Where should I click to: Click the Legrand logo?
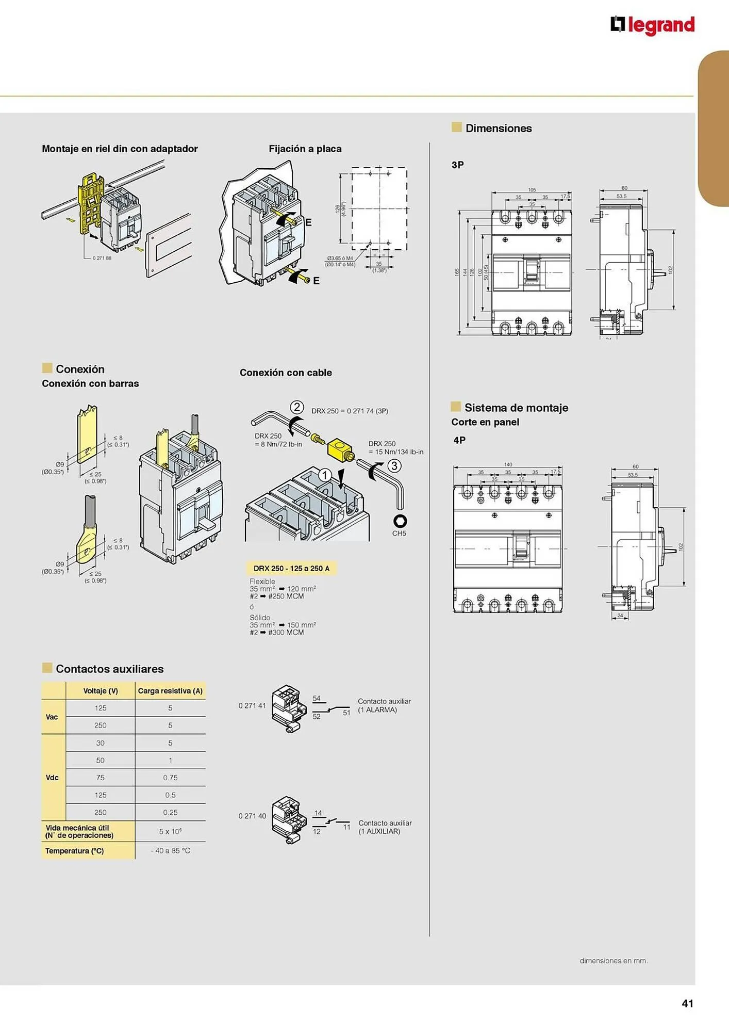(x=652, y=25)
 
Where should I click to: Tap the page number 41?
(x=687, y=1003)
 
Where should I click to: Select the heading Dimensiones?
(x=498, y=128)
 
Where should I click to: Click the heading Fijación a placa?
(x=305, y=149)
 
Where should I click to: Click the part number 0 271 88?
(x=102, y=258)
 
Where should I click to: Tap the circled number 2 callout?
(x=296, y=407)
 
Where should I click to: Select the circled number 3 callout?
(x=394, y=466)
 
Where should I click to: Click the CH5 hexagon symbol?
(x=400, y=521)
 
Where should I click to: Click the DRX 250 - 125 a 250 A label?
(x=291, y=568)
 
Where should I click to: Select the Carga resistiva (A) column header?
(x=170, y=691)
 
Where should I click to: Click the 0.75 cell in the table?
(x=170, y=778)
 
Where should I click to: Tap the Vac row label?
(x=52, y=717)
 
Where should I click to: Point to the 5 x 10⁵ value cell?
(x=170, y=831)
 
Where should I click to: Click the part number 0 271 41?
(x=252, y=705)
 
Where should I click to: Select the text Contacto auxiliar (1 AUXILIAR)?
(x=385, y=827)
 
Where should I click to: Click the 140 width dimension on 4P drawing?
(x=508, y=464)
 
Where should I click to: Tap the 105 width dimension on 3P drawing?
(x=532, y=190)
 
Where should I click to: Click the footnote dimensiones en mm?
(x=613, y=960)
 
